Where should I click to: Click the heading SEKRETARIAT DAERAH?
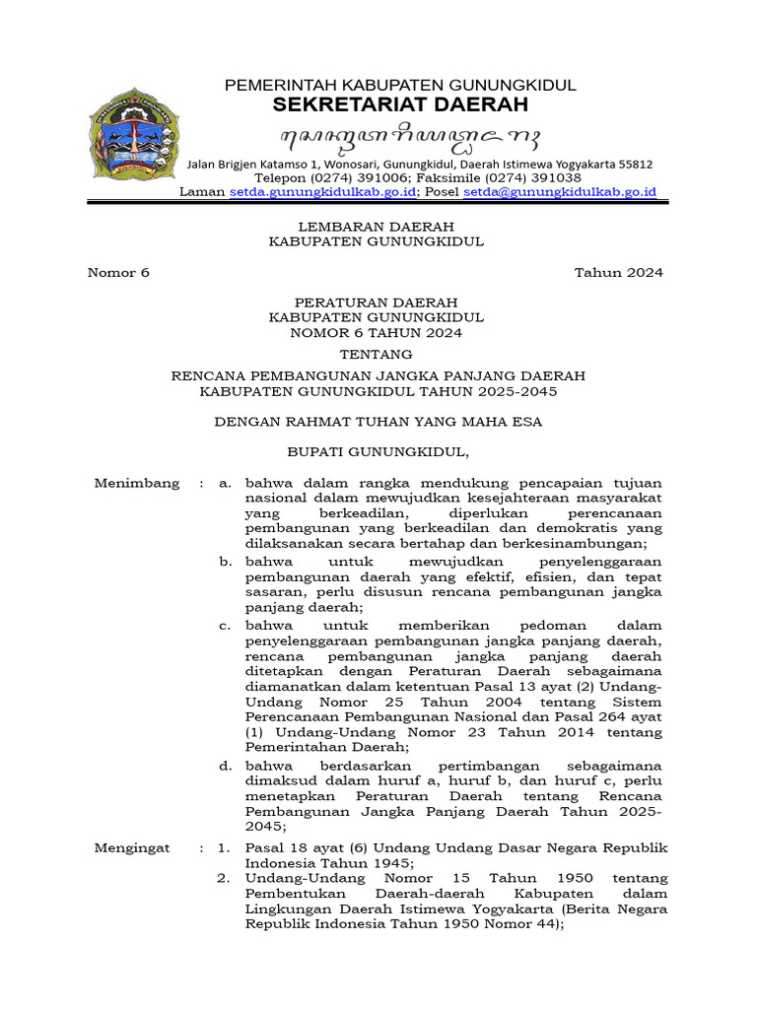click(400, 104)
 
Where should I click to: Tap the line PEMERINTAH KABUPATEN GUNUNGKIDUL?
click(400, 86)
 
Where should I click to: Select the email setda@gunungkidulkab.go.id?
click(560, 192)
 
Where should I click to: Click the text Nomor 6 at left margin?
click(119, 273)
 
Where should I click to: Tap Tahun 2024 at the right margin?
click(619, 273)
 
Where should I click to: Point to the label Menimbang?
click(137, 483)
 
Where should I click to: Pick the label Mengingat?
click(132, 847)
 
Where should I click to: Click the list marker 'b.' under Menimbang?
click(226, 561)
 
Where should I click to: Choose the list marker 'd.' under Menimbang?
click(226, 765)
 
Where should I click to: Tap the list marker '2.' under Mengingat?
click(225, 878)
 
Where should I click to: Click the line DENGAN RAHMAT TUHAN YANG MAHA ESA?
click(378, 422)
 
